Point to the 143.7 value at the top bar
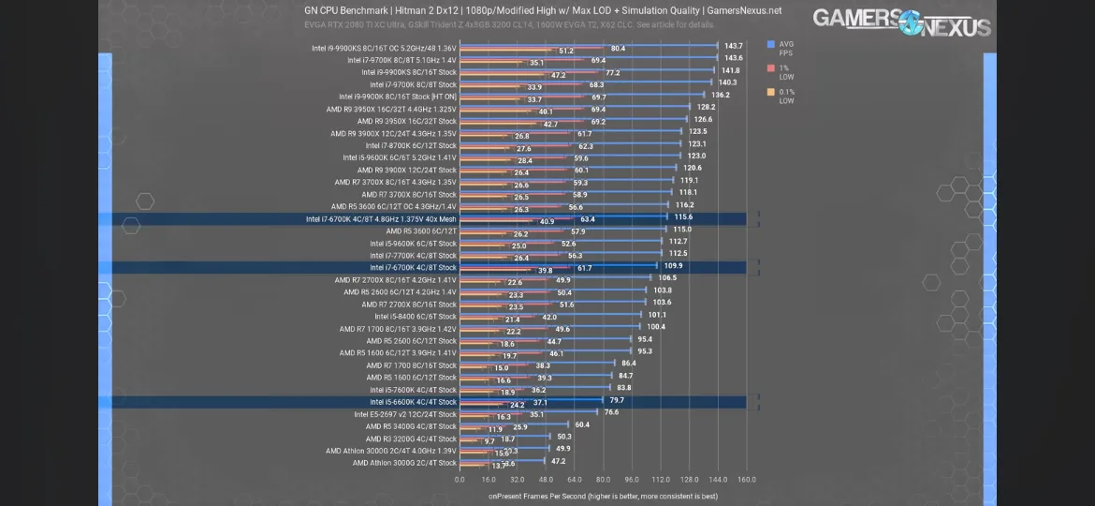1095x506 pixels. pos(733,46)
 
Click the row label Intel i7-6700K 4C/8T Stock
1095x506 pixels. pos(413,267)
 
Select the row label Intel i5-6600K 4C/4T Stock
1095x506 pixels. pos(413,402)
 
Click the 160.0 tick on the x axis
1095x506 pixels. pos(747,480)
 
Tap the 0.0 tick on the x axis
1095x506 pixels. pos(460,480)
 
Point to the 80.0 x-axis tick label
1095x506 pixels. pos(603,480)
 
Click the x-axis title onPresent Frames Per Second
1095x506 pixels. pos(603,496)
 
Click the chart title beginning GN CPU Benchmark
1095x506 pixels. pos(543,11)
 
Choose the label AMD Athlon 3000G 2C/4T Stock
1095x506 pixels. pos(404,463)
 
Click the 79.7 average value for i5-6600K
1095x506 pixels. pos(617,400)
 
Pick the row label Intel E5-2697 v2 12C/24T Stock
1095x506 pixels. pos(405,414)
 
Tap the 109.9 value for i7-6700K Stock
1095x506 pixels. pos(673,266)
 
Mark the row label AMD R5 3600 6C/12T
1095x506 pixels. pos(421,231)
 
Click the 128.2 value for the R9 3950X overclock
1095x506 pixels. pos(706,107)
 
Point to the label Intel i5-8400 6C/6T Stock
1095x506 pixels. pos(416,317)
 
